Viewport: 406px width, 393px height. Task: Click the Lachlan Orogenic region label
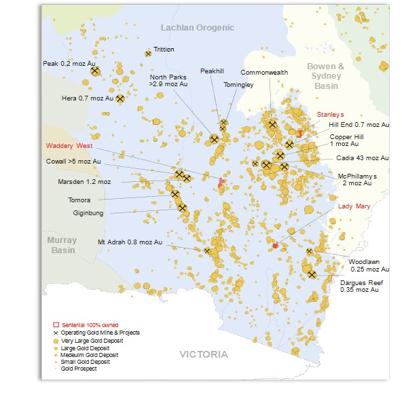tap(197, 27)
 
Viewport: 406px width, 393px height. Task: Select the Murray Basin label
tap(62, 245)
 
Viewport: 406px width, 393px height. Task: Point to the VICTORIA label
tap(204, 355)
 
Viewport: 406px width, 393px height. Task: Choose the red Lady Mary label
tap(354, 206)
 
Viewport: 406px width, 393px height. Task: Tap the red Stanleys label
tap(331, 115)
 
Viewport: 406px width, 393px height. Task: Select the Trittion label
tap(164, 50)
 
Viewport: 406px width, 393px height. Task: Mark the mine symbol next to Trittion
tap(148, 53)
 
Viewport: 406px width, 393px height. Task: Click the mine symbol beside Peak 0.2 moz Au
tap(95, 71)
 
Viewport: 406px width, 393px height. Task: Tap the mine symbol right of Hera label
tap(120, 98)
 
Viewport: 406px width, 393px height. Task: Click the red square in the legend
tap(57, 325)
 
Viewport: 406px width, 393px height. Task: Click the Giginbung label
tap(88, 212)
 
